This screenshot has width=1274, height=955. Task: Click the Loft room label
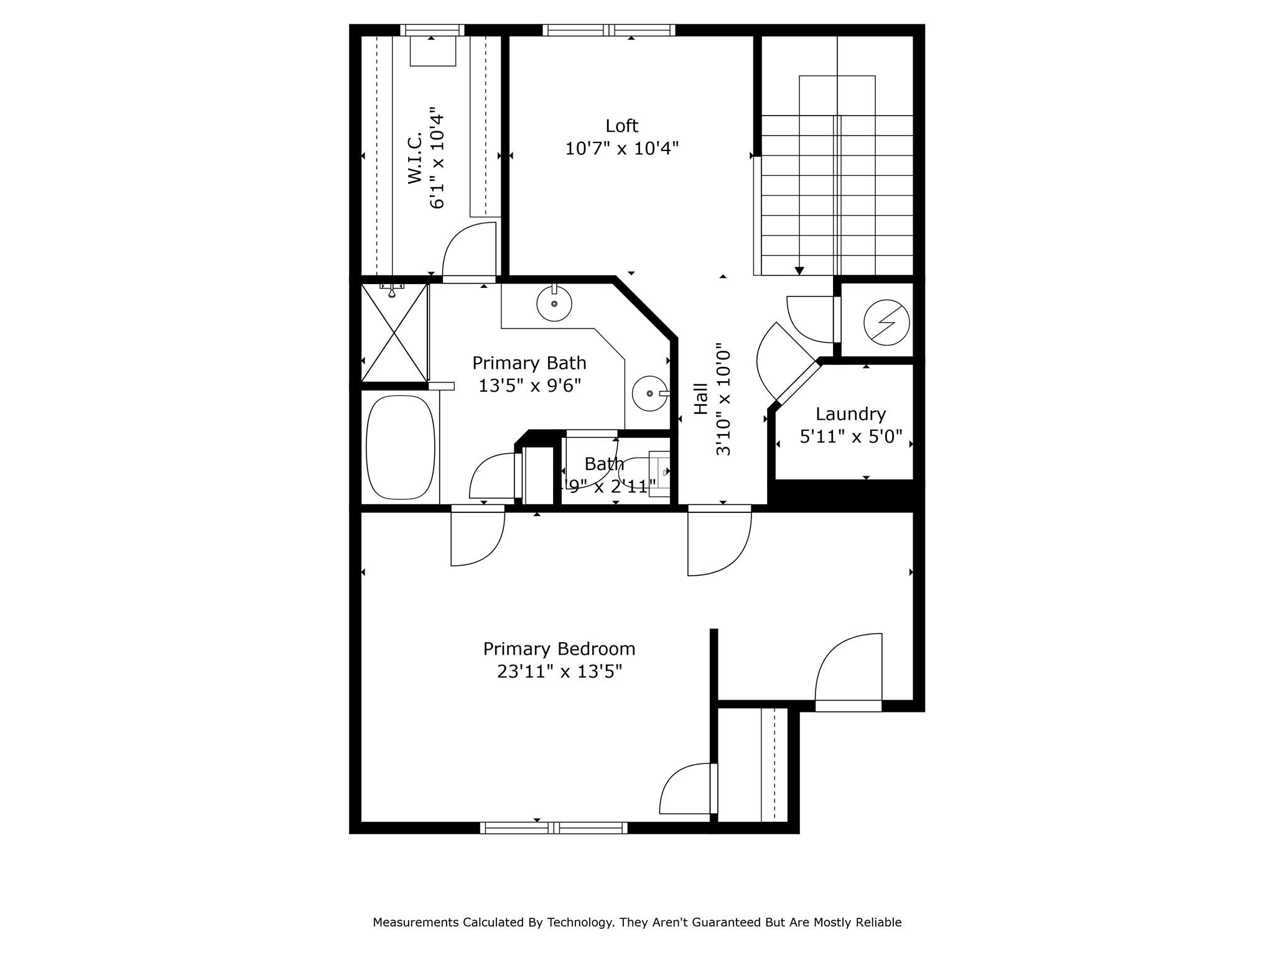coord(621,126)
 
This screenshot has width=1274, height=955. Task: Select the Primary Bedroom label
coord(559,649)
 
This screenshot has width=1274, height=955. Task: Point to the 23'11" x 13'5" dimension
coord(559,672)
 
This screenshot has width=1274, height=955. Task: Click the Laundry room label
coord(850,414)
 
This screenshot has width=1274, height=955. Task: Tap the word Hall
coord(701,399)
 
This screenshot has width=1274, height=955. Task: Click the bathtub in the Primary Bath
coord(401,448)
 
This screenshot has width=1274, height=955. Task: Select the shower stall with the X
coord(394,333)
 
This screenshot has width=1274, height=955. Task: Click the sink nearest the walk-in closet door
coord(554,304)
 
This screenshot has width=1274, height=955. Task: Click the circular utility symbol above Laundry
coord(886,323)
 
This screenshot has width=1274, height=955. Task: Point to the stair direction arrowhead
coord(799,271)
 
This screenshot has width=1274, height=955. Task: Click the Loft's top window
coord(609,30)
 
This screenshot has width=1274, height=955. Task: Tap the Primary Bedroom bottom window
coord(554,828)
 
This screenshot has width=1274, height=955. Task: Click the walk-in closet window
coord(432,30)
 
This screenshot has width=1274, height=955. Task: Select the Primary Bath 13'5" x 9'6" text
coord(529,386)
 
